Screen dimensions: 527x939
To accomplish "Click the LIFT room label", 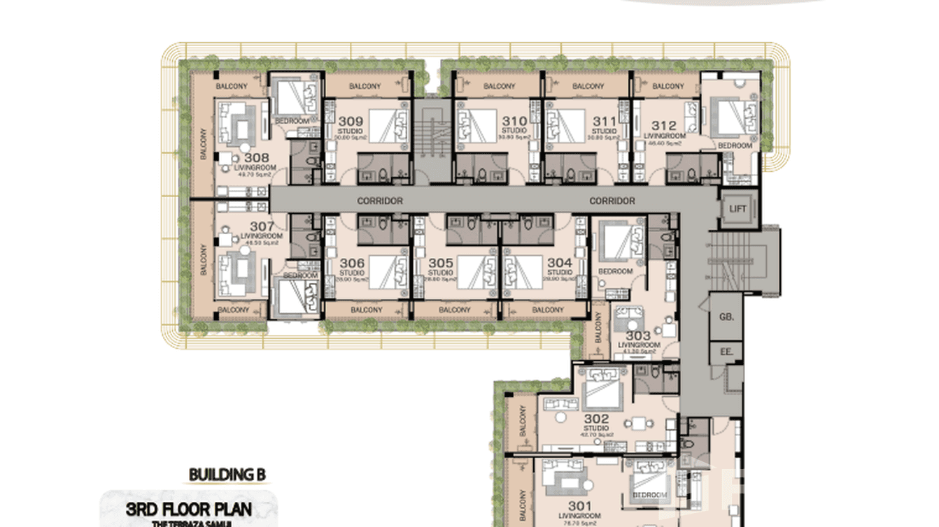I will [x=737, y=209].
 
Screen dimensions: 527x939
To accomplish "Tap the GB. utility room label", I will [x=726, y=317].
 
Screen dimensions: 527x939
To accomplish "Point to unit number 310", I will [x=514, y=121].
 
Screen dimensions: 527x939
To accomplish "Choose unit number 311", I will [x=604, y=121].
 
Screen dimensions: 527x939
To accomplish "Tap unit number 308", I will [x=256, y=159].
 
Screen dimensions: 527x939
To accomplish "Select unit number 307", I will [x=261, y=226].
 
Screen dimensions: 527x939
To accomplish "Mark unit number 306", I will [x=352, y=263].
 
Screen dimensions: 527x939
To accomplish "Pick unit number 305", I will [x=441, y=263].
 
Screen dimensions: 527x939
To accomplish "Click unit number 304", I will [x=559, y=263].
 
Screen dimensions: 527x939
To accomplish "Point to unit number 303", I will [x=637, y=336].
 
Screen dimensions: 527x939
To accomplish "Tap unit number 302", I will [x=595, y=419].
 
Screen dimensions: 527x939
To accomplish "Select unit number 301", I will [x=580, y=506].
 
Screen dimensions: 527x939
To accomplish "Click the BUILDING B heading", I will [x=227, y=475].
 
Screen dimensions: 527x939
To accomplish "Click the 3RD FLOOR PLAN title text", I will [x=188, y=509].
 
